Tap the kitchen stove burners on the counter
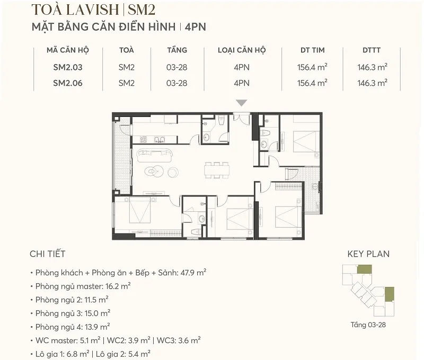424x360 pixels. (144, 140)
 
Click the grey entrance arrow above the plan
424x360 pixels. (242, 103)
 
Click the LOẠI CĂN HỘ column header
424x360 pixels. (242, 50)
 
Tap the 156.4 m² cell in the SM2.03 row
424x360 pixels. (312, 67)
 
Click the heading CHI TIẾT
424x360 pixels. (48, 255)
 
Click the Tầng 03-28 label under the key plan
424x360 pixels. (368, 325)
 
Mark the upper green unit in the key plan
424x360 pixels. (364, 270)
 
